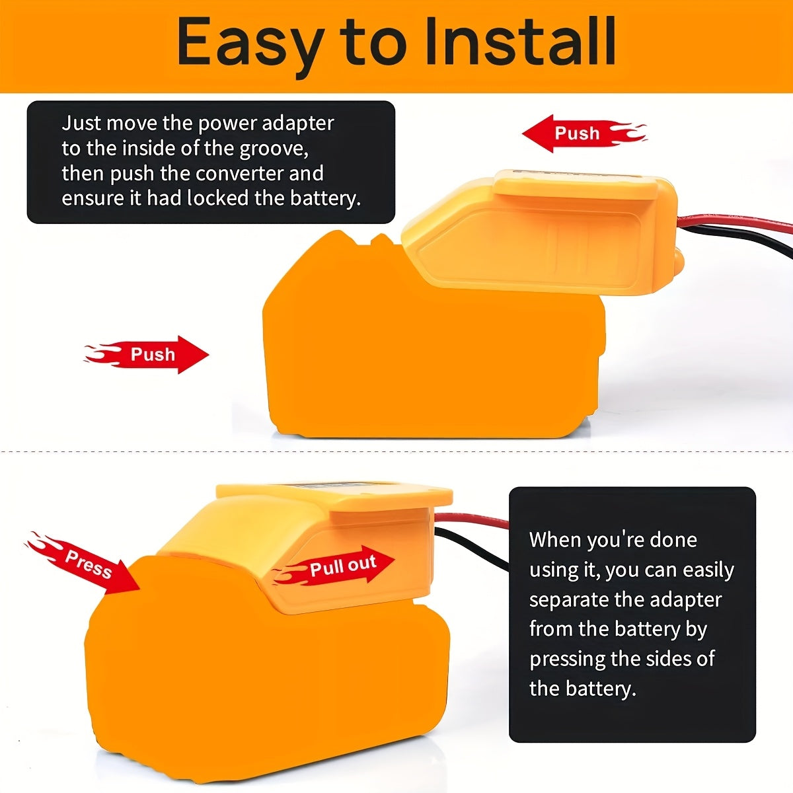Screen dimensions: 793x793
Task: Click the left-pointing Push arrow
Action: [x=584, y=133]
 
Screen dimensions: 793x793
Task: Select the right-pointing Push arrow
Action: [x=147, y=355]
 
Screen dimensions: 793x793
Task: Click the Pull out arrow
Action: [x=334, y=566]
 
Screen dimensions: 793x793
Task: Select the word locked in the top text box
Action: [x=217, y=198]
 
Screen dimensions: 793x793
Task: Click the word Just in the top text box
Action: [x=81, y=123]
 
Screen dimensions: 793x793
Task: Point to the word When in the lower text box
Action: [x=554, y=541]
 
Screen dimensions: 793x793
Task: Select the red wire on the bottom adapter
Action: [x=472, y=519]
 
